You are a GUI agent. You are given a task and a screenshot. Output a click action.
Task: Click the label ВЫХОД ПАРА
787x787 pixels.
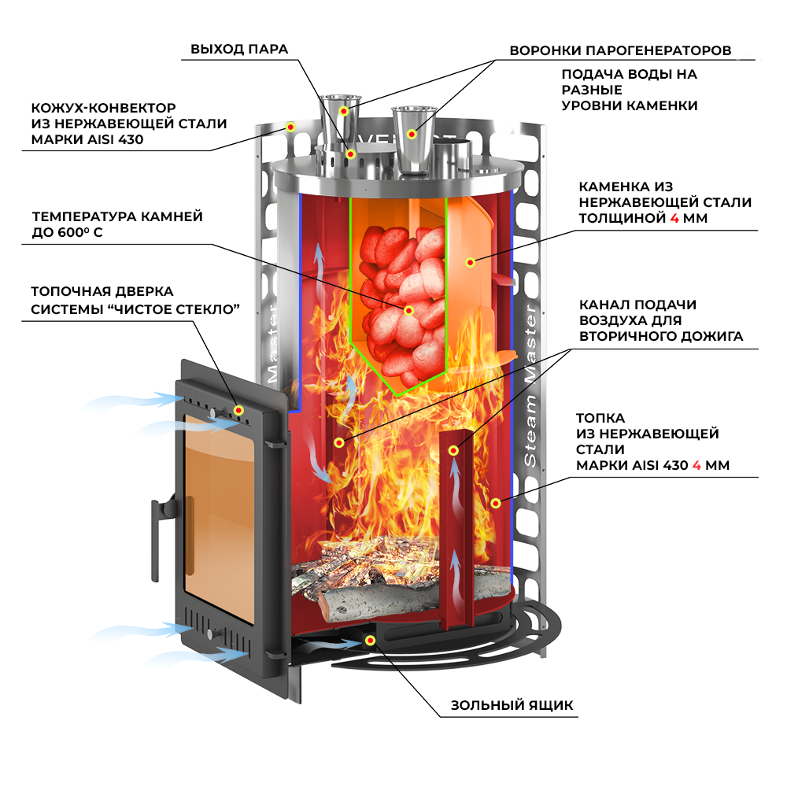click(x=239, y=50)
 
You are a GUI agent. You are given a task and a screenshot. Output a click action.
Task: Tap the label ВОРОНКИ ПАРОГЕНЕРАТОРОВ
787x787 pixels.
click(x=620, y=50)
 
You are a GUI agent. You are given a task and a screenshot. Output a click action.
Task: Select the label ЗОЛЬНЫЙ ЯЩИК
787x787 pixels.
click(x=512, y=704)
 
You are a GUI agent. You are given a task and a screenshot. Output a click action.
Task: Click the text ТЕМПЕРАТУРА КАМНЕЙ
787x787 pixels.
click(x=117, y=216)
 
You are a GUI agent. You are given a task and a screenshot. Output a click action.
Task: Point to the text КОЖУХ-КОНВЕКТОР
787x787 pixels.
click(x=103, y=108)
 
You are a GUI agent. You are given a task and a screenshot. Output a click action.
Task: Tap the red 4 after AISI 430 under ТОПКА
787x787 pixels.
click(x=696, y=465)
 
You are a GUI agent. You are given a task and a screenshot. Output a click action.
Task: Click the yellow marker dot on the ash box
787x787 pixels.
click(x=368, y=640)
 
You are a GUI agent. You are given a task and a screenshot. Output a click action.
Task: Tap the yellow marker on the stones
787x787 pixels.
click(x=408, y=311)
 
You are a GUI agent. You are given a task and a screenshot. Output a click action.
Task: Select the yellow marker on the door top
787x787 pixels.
click(x=238, y=410)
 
